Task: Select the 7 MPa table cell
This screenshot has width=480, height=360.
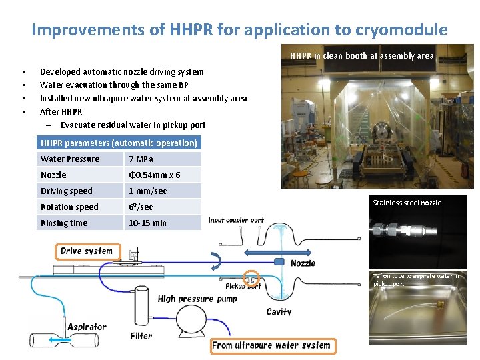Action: point(164,159)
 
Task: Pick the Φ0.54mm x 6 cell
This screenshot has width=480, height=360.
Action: point(164,175)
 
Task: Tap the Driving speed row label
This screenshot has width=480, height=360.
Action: point(80,191)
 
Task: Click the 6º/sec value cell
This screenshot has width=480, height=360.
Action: point(164,207)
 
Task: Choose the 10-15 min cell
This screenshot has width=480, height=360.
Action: point(164,223)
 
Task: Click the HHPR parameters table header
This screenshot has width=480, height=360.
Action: point(119,143)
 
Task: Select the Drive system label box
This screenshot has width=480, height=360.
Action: point(87,251)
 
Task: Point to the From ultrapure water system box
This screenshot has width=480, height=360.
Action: point(271,345)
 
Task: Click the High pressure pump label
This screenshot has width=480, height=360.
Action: point(197,299)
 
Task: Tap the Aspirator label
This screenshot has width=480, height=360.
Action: point(87,327)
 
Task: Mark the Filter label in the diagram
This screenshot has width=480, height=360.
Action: point(141,336)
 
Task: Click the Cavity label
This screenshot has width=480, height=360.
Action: point(279,311)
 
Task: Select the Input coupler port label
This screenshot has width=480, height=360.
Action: point(236,220)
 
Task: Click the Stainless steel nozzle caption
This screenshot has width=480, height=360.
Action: point(407,203)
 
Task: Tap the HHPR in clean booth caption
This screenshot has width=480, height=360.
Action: point(362,56)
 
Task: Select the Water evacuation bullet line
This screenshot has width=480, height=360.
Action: point(114,85)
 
